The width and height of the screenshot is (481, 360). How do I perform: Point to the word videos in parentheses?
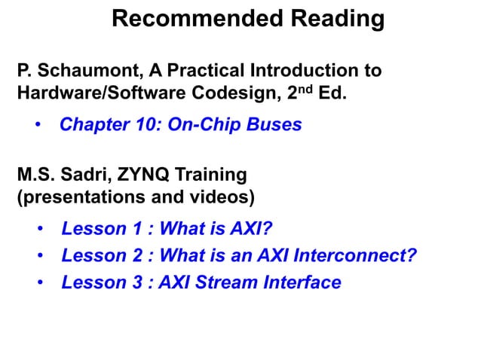pos(219,197)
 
